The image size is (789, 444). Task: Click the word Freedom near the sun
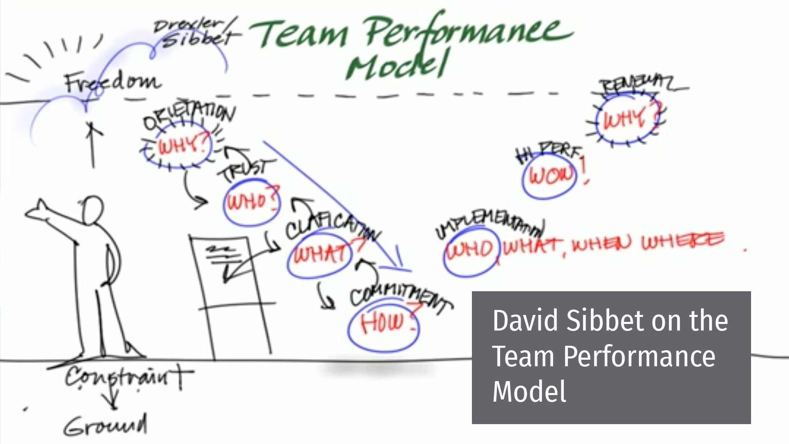[x=112, y=82]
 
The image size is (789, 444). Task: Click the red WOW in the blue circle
[x=550, y=176]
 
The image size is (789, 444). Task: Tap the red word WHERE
[x=682, y=242]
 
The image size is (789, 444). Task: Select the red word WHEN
[x=601, y=244]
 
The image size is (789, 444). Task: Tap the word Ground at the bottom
[x=106, y=425]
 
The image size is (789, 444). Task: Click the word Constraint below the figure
[x=127, y=376]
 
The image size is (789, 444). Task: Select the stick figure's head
[x=92, y=210]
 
